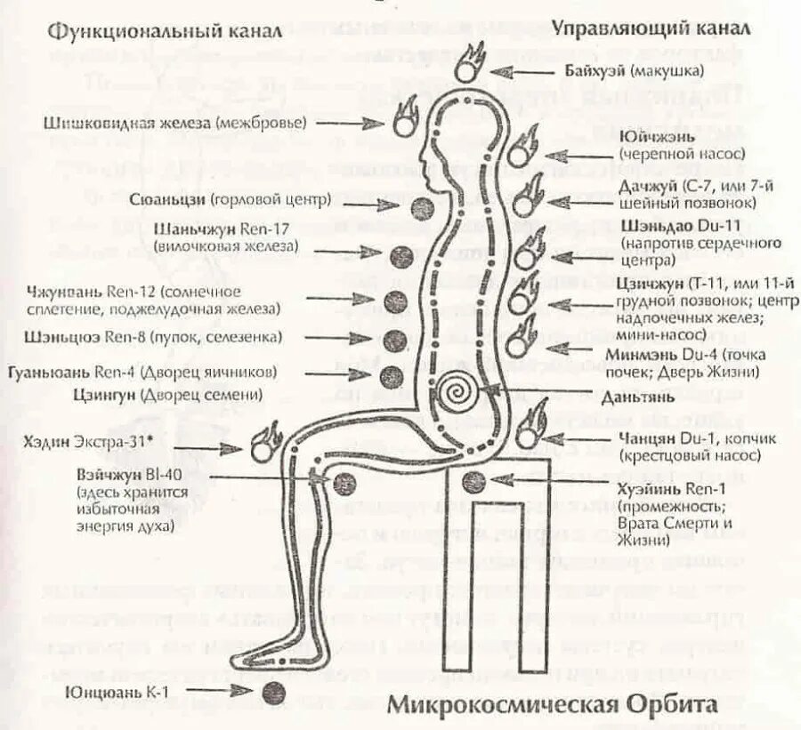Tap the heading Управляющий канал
[651, 27]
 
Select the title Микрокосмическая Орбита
[551, 705]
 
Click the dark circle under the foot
[275, 692]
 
